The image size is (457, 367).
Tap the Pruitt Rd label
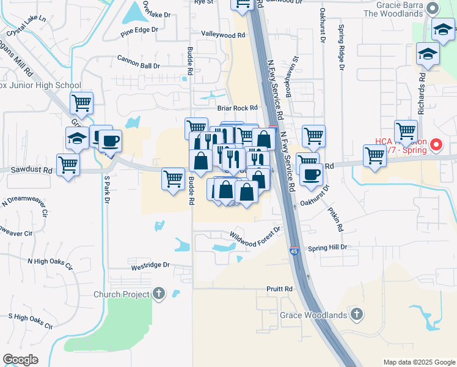click(x=279, y=288)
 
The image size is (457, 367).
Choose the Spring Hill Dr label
click(x=327, y=247)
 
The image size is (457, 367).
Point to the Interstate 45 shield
click(x=293, y=250)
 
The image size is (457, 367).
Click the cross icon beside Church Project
click(x=159, y=294)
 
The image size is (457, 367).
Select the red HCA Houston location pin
click(x=436, y=146)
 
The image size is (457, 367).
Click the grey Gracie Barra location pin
click(x=433, y=8)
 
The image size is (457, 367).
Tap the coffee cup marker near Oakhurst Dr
click(x=310, y=174)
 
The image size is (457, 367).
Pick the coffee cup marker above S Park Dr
click(x=110, y=141)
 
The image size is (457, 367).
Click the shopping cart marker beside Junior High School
click(x=81, y=103)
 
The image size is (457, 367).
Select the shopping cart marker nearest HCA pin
click(x=406, y=131)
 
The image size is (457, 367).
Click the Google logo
click(x=20, y=360)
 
